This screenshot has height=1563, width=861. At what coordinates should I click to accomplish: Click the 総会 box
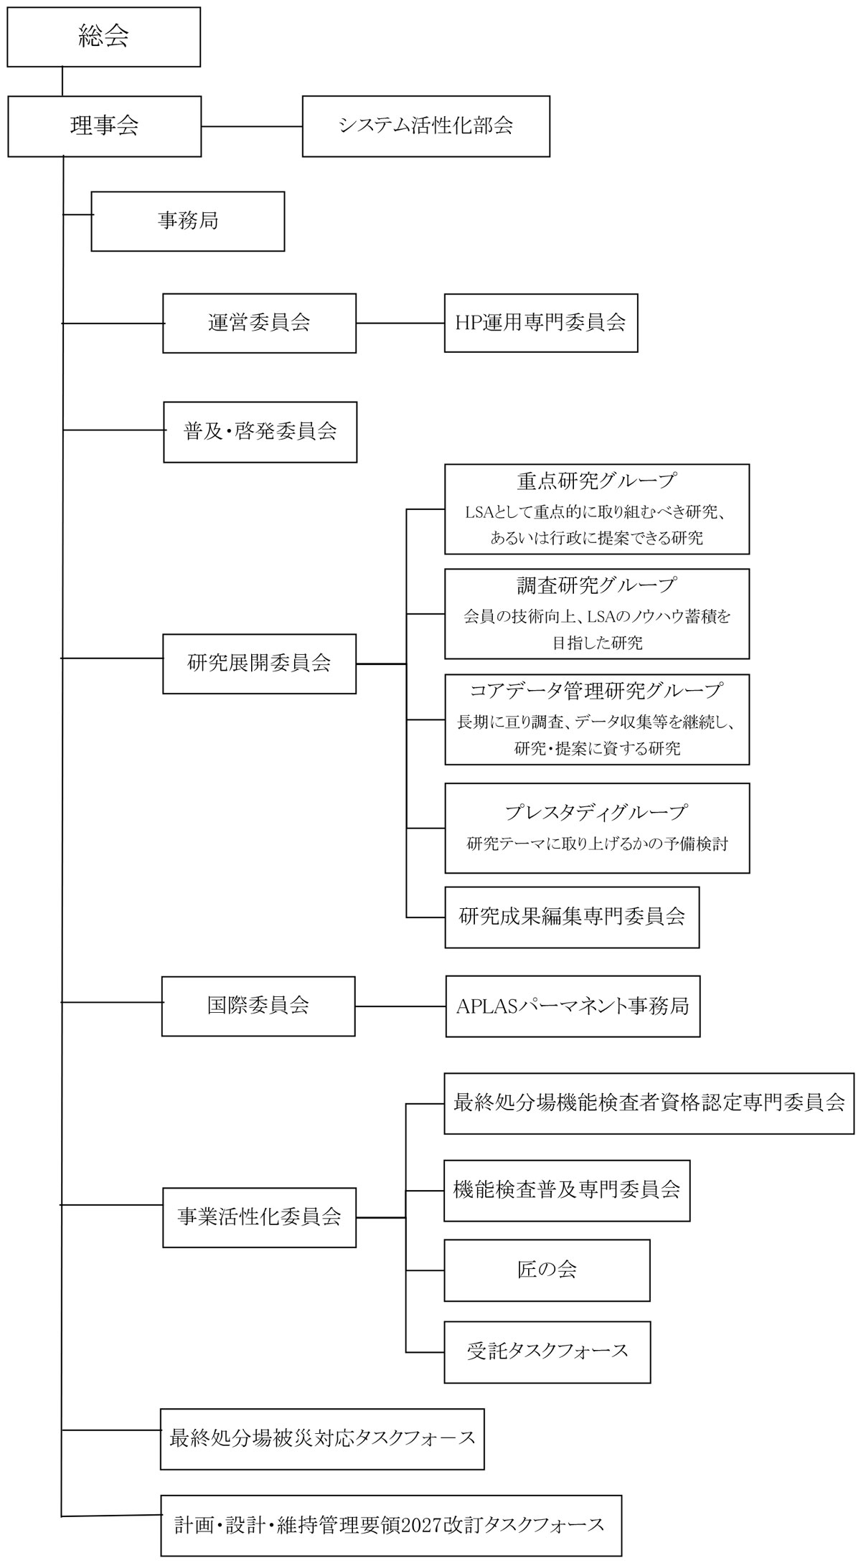(103, 37)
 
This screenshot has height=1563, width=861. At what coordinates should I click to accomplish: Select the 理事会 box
(104, 126)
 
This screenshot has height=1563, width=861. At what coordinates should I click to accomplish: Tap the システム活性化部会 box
(425, 126)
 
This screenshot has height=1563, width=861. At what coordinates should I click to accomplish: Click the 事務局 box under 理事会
(187, 220)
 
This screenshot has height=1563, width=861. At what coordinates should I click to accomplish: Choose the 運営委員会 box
(259, 323)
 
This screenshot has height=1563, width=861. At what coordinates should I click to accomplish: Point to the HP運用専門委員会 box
(540, 322)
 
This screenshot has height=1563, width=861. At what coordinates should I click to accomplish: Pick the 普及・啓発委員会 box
(260, 431)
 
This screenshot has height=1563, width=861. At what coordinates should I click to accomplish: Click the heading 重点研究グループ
(596, 480)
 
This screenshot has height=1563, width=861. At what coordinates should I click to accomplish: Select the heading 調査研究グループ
(596, 585)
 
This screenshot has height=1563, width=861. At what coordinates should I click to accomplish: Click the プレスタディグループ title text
(596, 812)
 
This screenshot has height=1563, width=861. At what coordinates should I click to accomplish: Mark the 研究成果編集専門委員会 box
(571, 917)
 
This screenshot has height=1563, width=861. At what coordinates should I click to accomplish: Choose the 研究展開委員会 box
(259, 663)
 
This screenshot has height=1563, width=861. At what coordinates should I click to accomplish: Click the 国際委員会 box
(258, 1006)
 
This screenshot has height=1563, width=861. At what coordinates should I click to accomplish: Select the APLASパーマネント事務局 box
(573, 1006)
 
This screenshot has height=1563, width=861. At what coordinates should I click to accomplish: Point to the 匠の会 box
(547, 1270)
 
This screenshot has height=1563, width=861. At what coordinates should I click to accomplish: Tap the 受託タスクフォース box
(547, 1351)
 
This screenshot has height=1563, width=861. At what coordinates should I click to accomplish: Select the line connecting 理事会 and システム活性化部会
(251, 127)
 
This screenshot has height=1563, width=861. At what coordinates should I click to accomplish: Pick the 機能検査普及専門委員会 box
(567, 1190)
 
